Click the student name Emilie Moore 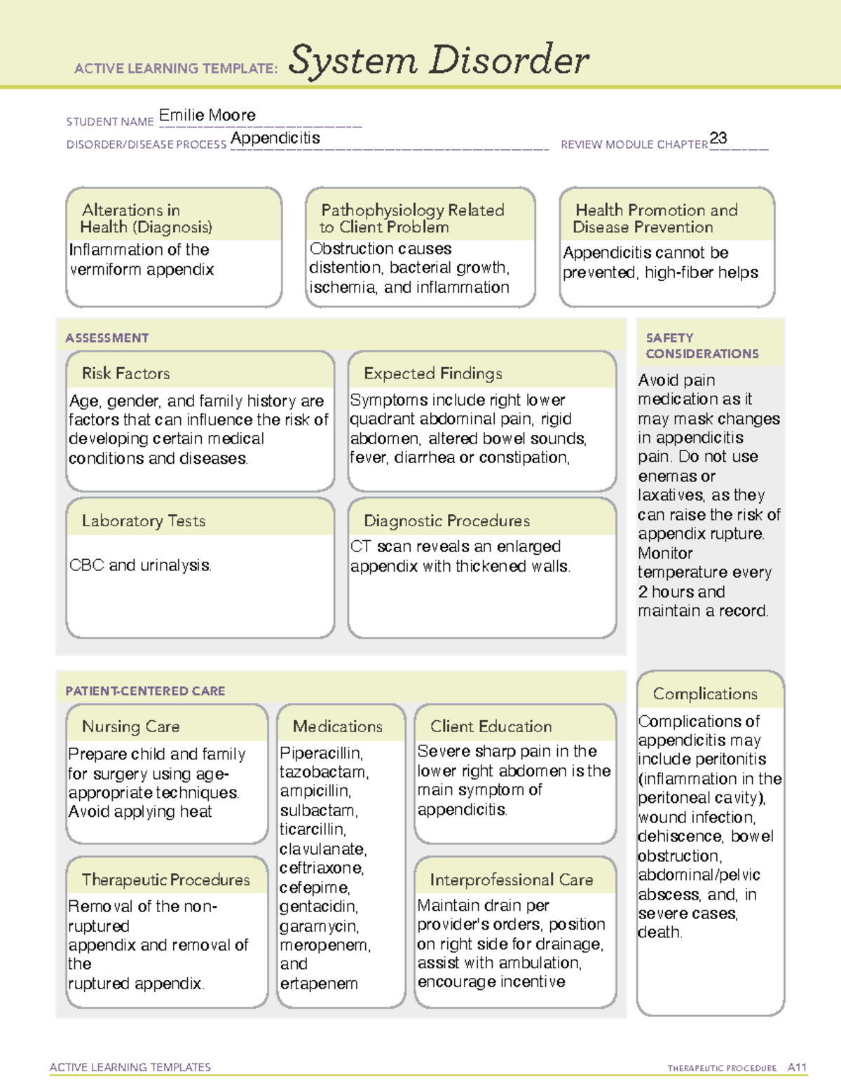207,116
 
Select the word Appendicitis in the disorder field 275,139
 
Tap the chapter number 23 718,138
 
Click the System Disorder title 438,60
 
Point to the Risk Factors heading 125,373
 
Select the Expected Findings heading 432,373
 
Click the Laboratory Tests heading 143,521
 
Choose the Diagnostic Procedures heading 446,521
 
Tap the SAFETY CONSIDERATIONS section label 702,346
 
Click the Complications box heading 705,694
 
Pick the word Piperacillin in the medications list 320,753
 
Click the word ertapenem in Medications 319,984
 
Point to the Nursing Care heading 130,727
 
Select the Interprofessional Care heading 511,879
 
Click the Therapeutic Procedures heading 165,879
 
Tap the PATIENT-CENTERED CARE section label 145,691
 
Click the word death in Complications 659,933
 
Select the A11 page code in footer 797,1068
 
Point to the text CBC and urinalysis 140,565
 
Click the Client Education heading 491,727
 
